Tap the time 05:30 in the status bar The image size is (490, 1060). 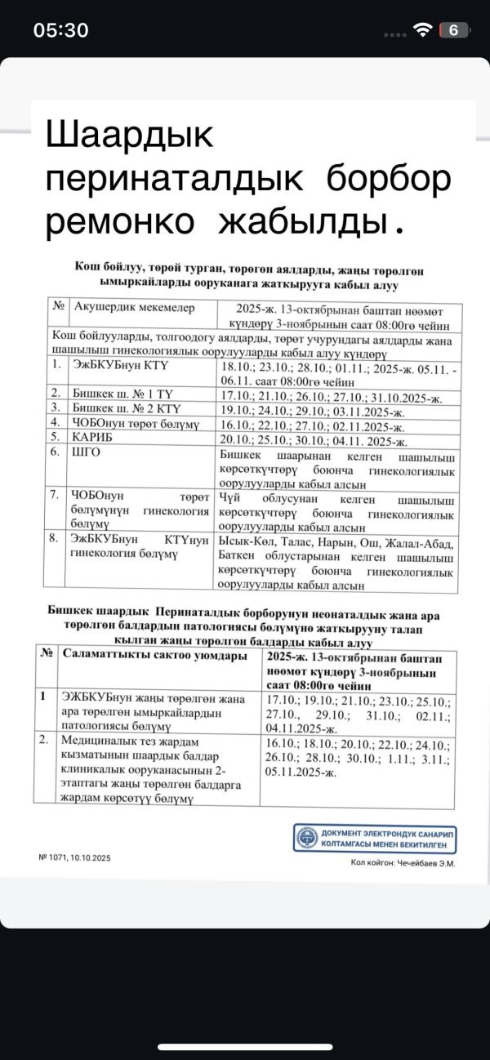(x=60, y=30)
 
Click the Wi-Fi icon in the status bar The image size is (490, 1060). (x=422, y=30)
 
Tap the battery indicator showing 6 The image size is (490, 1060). (x=453, y=30)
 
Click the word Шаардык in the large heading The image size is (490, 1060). (x=130, y=135)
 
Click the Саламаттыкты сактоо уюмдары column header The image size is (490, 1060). (x=155, y=656)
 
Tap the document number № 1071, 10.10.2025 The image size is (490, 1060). (x=74, y=857)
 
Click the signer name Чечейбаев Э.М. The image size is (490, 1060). (x=403, y=862)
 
